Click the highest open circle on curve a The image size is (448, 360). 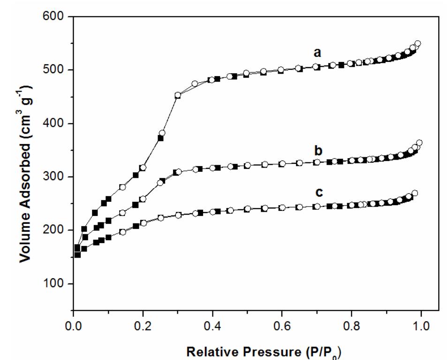pos(418,44)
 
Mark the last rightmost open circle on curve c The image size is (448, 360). pos(414,193)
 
